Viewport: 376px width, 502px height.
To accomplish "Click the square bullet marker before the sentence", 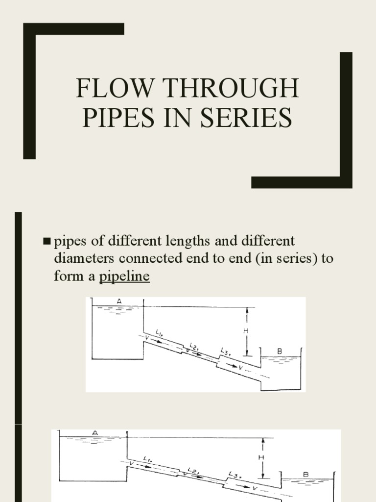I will point(47,241).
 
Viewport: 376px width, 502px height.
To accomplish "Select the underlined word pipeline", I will point(124,276).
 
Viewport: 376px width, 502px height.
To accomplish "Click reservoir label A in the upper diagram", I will point(119,301).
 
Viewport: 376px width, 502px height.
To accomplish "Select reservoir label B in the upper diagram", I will point(280,351).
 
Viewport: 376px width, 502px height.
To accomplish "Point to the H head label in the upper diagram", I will point(246,331).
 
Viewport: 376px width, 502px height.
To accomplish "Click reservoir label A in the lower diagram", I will point(95,432).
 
